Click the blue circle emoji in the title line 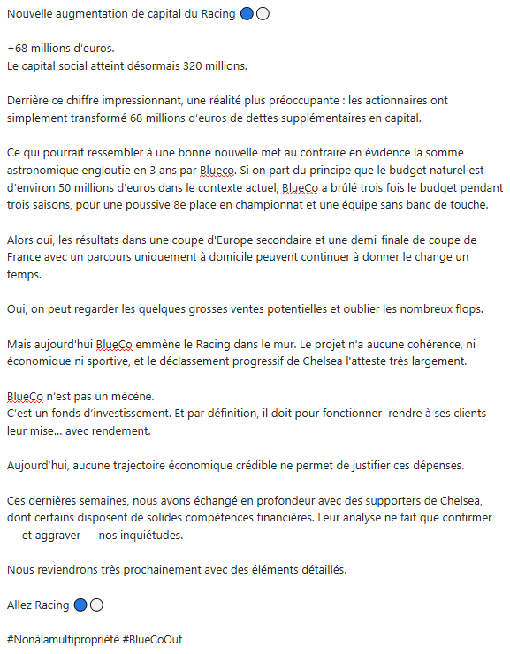tap(247, 14)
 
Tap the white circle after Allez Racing tap(97, 605)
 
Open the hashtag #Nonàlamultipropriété tap(60, 639)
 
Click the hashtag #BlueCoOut tap(152, 639)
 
